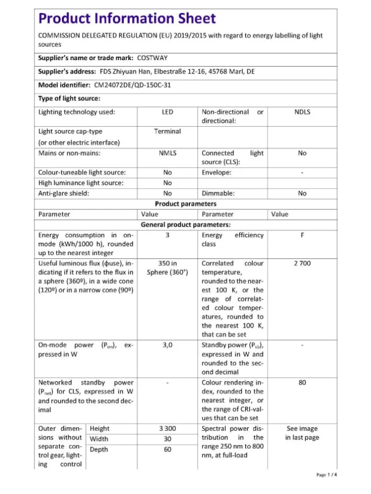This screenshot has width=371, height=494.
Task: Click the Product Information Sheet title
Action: (x=127, y=19)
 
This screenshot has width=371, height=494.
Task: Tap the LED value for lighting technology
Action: (x=167, y=112)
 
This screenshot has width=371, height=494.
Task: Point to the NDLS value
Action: (x=302, y=112)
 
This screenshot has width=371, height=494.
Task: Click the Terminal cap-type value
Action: (x=167, y=131)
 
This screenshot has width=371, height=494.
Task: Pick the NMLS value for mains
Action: (x=167, y=153)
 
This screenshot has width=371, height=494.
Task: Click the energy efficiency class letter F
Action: (x=302, y=235)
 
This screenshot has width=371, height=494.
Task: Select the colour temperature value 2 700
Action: (x=302, y=263)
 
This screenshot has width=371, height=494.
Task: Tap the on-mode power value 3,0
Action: (x=167, y=345)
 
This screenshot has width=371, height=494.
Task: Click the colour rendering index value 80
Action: (x=302, y=383)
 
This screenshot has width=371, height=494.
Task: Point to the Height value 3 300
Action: (x=167, y=428)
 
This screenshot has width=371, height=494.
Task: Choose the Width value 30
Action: (x=167, y=439)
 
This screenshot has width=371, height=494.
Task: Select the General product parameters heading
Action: (x=185, y=224)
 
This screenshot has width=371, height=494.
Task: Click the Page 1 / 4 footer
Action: (x=327, y=475)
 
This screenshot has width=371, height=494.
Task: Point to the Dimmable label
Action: (x=218, y=193)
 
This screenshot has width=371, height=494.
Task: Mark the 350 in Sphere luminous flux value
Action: (x=167, y=267)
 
